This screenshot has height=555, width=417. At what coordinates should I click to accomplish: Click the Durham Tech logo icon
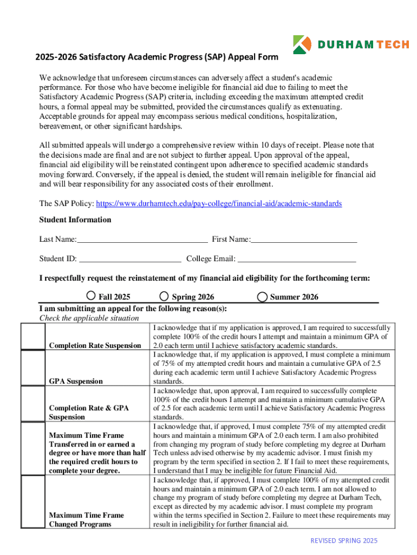[302, 44]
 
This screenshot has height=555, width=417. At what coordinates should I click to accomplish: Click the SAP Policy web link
[219, 203]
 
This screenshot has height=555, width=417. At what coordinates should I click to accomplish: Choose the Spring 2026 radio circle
[165, 296]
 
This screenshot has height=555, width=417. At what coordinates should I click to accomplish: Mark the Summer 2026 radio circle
[262, 296]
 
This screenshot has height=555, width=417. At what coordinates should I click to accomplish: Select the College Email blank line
[297, 259]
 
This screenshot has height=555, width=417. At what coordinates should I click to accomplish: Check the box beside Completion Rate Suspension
[31, 337]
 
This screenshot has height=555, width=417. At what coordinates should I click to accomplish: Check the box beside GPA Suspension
[31, 368]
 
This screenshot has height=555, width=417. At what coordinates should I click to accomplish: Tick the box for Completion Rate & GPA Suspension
[31, 403]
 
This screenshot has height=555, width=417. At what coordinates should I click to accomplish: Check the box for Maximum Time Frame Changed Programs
[31, 502]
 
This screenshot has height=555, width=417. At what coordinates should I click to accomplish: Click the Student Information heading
[75, 220]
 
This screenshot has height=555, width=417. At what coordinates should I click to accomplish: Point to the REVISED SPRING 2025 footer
[343, 540]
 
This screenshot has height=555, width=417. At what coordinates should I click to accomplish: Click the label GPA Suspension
[76, 381]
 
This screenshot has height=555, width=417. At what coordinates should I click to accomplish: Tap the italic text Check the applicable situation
[89, 318]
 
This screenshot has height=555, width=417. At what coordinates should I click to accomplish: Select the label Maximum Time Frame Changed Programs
[87, 519]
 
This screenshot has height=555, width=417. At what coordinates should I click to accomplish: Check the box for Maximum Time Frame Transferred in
[31, 448]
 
